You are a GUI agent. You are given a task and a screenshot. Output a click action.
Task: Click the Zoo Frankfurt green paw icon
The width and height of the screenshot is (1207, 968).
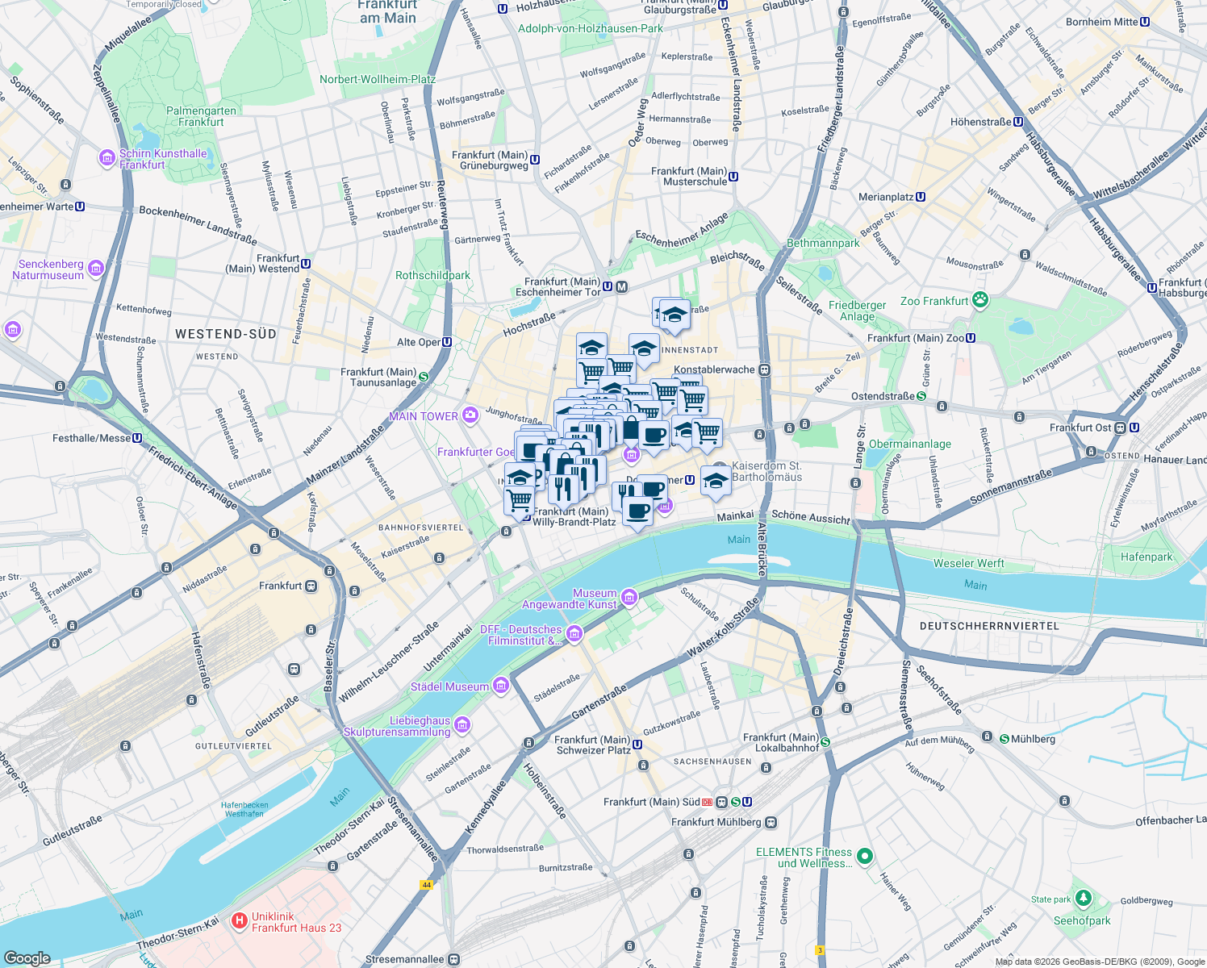coord(980,301)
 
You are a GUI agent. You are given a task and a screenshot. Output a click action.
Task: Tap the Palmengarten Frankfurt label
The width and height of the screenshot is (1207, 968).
coord(201,117)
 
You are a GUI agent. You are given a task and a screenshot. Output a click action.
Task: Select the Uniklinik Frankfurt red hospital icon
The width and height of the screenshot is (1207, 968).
coord(239,921)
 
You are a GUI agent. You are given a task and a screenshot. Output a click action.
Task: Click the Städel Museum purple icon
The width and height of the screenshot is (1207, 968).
coord(501,686)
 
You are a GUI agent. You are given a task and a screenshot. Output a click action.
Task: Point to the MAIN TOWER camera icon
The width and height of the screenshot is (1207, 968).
coord(470,416)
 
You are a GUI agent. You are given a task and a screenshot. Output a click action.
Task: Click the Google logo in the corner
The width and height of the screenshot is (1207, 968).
coord(27,958)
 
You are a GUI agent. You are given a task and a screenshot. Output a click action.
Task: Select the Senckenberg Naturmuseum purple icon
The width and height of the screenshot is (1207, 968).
coord(96,269)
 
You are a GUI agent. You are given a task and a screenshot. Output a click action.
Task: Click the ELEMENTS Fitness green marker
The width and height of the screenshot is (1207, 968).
coord(864,857)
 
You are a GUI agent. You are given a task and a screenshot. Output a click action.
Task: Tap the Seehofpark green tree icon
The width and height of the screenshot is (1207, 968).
coord(1083,899)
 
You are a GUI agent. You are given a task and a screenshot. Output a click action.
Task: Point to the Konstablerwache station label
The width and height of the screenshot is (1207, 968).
coord(714,369)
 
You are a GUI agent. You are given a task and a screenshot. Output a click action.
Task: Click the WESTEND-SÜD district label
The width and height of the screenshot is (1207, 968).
coord(225,334)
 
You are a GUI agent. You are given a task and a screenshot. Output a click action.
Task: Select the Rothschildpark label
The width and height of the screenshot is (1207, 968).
coord(432,275)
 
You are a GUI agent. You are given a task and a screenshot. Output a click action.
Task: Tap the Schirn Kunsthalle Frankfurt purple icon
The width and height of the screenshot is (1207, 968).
coord(107,158)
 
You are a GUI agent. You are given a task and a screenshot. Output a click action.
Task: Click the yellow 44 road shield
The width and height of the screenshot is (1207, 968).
coord(426,885)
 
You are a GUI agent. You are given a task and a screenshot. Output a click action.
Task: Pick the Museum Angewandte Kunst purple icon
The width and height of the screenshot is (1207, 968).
coord(629,598)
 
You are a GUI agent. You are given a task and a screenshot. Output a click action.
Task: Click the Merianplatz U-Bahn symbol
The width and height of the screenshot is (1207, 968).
coord(921,197)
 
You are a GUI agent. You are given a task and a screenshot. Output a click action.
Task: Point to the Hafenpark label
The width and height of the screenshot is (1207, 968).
coord(1146,557)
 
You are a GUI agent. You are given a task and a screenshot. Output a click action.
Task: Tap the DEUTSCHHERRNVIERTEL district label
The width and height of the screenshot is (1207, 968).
coord(989,626)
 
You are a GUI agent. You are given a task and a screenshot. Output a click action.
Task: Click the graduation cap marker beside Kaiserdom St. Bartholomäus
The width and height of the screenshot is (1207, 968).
coord(716,481)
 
